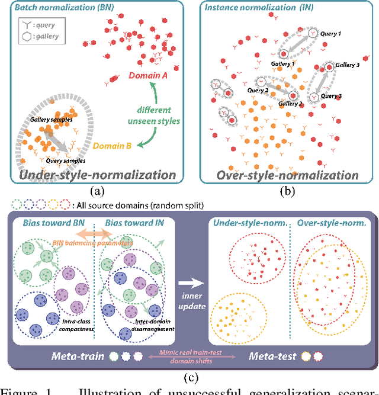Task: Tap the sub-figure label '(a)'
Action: pyautogui.click(x=98, y=191)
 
